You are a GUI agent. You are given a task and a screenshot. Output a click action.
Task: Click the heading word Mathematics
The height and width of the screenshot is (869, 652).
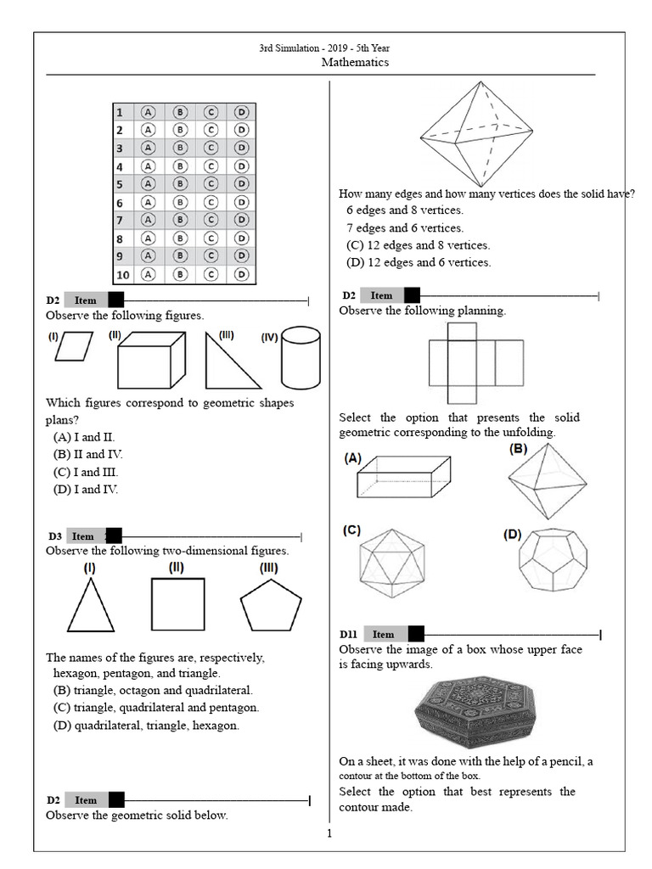point(356,63)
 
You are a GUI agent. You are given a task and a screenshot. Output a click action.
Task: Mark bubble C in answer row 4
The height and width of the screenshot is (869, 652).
point(211,166)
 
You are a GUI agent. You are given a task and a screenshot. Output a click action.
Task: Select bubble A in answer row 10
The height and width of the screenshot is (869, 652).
point(149,274)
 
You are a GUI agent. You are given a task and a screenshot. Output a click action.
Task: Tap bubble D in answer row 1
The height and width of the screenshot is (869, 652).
point(242,112)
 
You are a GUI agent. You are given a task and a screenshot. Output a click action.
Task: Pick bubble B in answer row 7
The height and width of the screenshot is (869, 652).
point(180,221)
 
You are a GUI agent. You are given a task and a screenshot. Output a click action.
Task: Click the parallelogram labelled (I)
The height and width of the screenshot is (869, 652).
point(74,347)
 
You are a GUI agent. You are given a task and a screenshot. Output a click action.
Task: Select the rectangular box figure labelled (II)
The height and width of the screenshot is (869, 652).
point(150,362)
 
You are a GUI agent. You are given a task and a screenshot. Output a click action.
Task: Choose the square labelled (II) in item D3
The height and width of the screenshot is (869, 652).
point(177,603)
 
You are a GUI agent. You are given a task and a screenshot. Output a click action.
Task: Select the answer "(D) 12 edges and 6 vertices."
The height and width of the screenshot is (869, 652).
point(419,262)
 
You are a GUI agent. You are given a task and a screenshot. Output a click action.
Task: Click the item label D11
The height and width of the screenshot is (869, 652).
point(349,634)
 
